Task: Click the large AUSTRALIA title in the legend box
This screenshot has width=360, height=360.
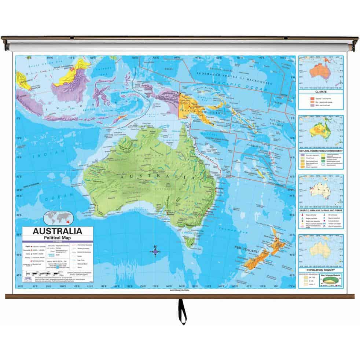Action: [x=58, y=231]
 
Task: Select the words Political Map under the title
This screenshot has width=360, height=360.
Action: [x=58, y=237]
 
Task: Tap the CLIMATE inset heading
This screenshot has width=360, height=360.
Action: [x=320, y=92]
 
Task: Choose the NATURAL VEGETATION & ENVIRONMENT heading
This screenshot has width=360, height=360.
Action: [x=320, y=151]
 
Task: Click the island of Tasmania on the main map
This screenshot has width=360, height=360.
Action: [x=190, y=242]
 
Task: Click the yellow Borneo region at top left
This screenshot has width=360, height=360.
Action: [x=78, y=71]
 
